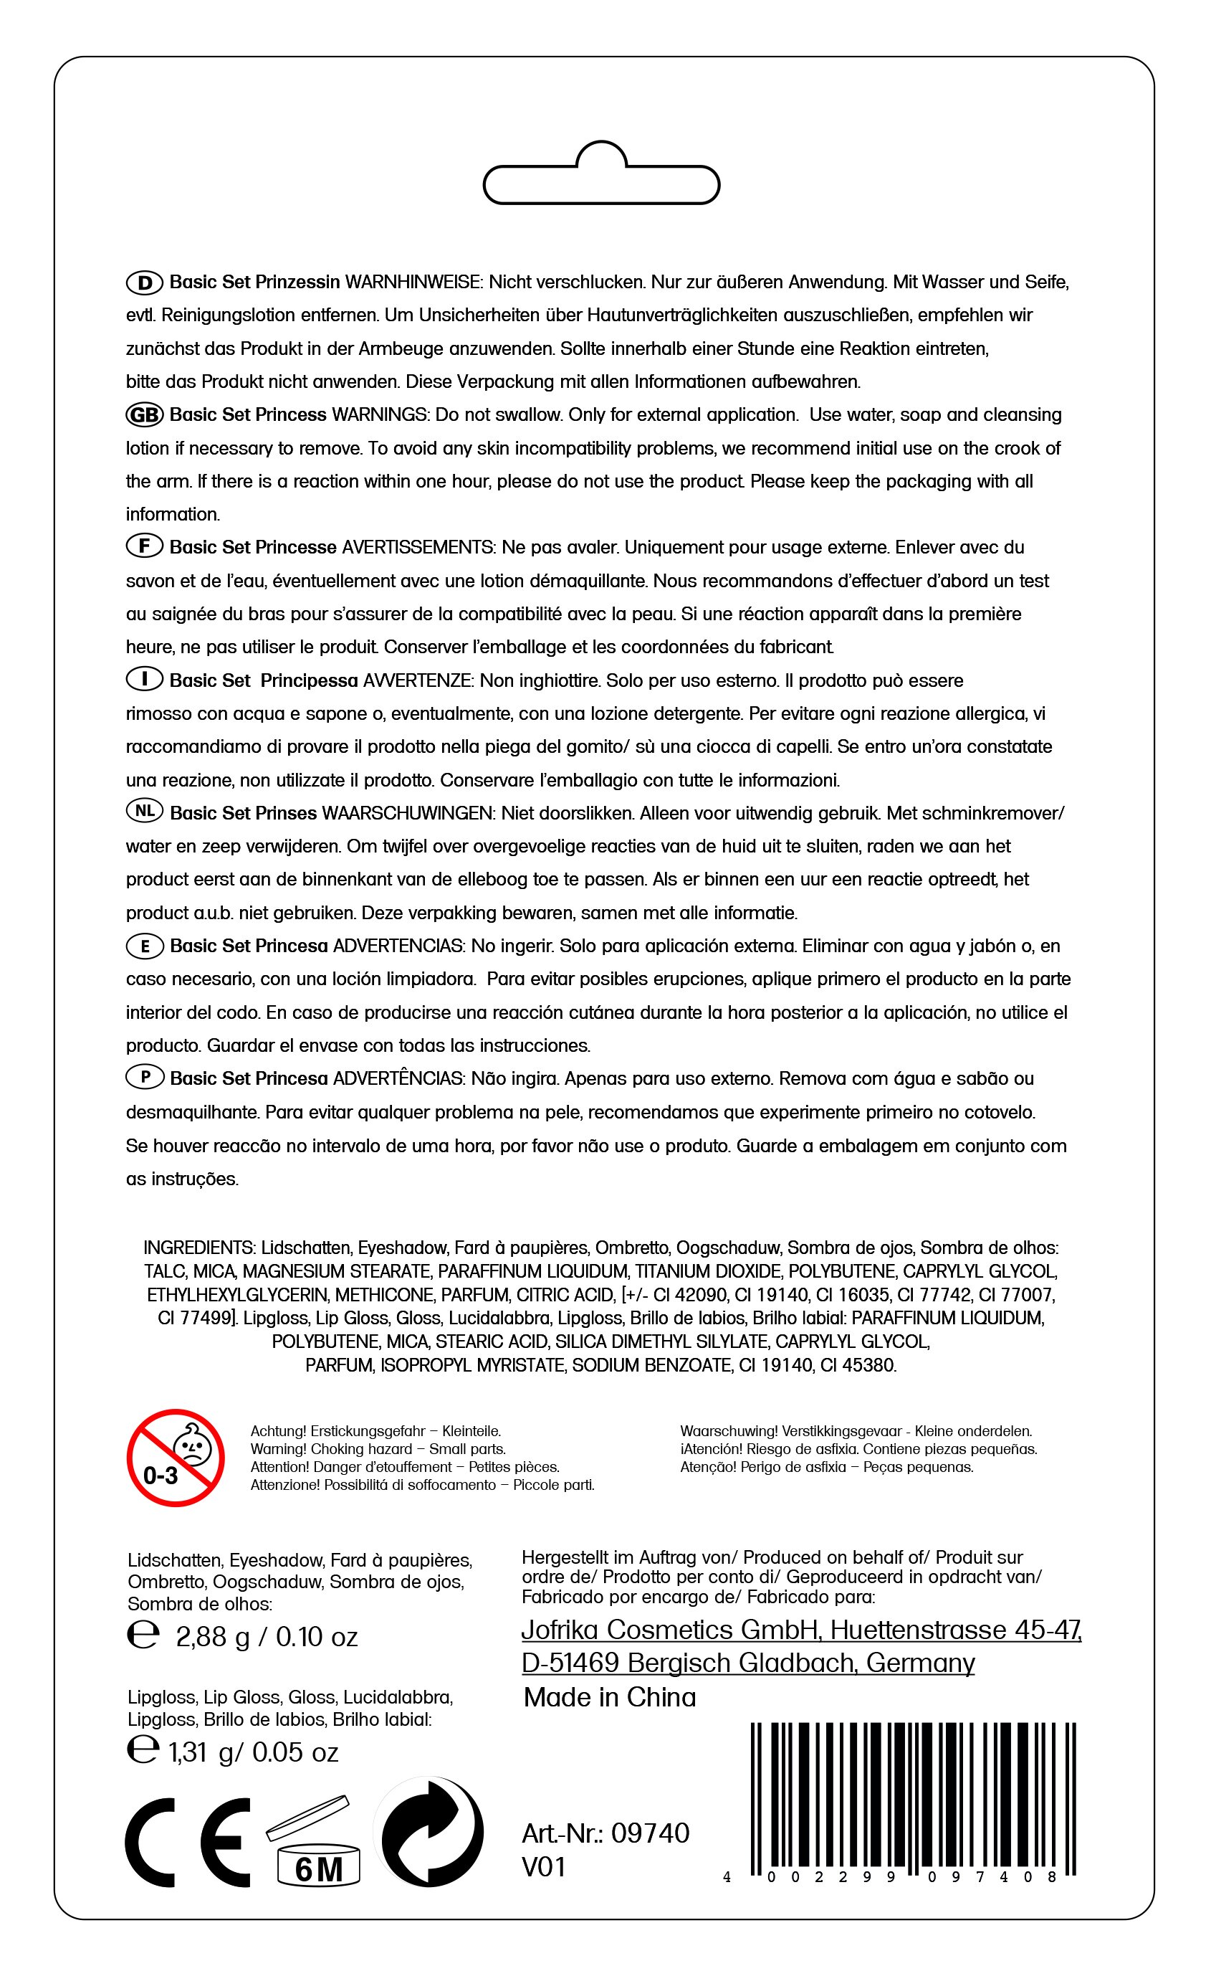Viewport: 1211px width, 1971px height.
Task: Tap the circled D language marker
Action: (x=145, y=282)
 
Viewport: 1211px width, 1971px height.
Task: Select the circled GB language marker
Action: (x=145, y=415)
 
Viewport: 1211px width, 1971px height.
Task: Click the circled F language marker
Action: (x=145, y=546)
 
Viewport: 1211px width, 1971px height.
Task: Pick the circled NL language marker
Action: (x=145, y=811)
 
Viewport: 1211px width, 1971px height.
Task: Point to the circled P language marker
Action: (x=145, y=1077)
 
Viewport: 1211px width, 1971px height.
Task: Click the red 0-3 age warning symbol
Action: (x=176, y=1458)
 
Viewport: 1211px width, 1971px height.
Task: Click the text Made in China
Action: (x=610, y=1697)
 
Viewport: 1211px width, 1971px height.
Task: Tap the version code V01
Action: (x=544, y=1867)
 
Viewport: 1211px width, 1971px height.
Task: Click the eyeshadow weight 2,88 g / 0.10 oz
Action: (x=266, y=1636)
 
